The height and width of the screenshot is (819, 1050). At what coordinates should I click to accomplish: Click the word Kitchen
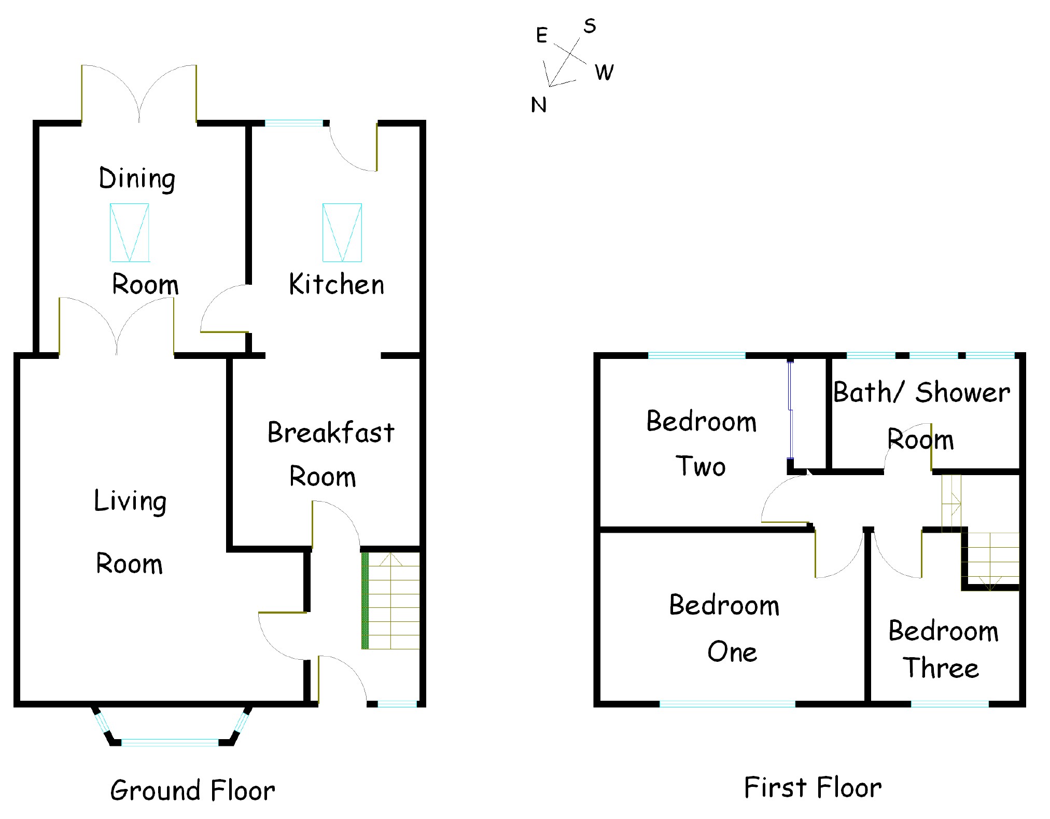pos(337,284)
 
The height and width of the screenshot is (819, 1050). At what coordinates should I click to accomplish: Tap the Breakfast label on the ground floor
pos(331,433)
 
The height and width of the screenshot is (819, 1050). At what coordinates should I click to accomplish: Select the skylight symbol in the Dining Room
pos(130,232)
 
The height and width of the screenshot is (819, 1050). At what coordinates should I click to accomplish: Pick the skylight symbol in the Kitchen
pos(342,232)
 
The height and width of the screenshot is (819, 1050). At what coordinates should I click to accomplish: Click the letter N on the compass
pos(539,105)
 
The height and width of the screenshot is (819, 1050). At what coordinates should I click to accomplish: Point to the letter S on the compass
pos(590,26)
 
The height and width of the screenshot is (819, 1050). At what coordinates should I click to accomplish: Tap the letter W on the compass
pos(604,73)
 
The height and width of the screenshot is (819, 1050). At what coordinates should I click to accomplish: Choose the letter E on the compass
pos(541,35)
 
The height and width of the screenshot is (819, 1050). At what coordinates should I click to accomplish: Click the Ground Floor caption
pos(192,790)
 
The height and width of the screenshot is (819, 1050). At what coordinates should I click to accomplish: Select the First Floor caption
pos(813,787)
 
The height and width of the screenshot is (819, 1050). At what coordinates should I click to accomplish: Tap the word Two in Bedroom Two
pos(701,466)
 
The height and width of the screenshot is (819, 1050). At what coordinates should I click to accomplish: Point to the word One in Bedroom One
pos(732,651)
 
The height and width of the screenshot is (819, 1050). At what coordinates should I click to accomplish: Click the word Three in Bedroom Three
pos(941,668)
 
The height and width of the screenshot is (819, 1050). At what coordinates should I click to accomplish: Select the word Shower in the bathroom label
pos(962,392)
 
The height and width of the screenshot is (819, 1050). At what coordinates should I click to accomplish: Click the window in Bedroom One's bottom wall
pos(727,704)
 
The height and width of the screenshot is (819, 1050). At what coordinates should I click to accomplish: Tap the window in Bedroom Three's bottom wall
pos(949,704)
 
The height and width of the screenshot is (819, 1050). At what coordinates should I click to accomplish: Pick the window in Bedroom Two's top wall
pos(697,355)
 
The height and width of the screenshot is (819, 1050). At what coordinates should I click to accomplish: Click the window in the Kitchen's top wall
pos(294,123)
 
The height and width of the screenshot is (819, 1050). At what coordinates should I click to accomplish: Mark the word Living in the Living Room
pos(130,501)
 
